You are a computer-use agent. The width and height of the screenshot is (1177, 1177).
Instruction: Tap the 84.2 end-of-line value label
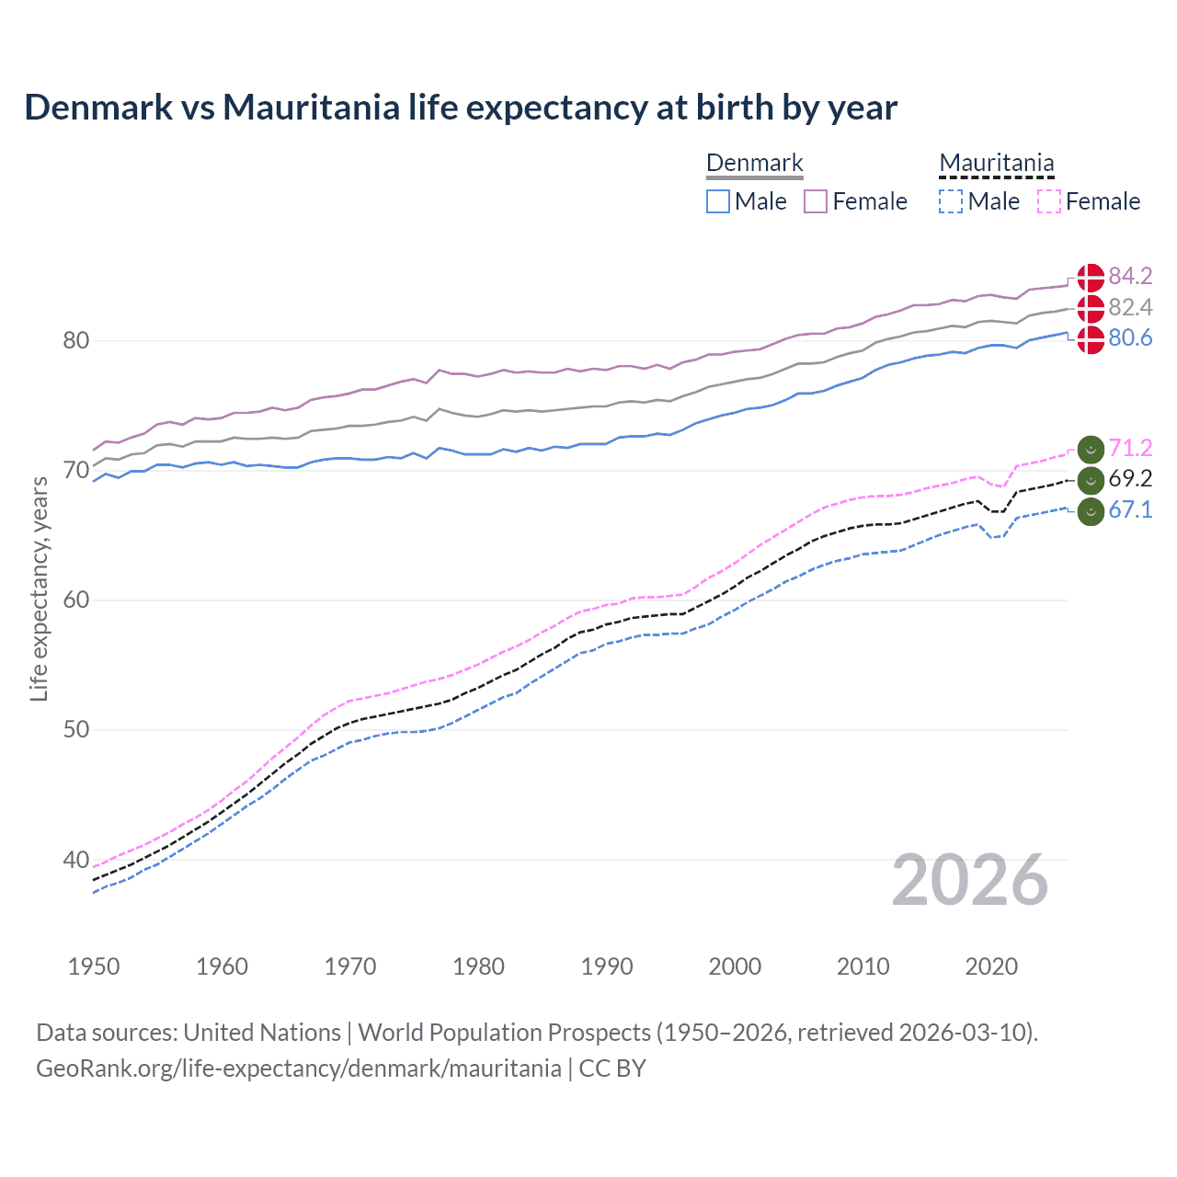click(x=1130, y=276)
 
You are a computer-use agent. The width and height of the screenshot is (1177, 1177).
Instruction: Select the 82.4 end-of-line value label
click(x=1130, y=307)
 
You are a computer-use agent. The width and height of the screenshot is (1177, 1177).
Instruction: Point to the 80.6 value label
click(x=1130, y=338)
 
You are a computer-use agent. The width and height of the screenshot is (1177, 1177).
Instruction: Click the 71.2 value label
click(x=1130, y=448)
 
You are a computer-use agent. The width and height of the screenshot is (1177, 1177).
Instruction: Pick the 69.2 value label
click(x=1130, y=479)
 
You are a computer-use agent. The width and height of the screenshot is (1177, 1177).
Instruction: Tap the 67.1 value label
click(x=1130, y=510)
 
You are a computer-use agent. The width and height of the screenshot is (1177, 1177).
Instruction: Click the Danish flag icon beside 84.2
click(x=1091, y=277)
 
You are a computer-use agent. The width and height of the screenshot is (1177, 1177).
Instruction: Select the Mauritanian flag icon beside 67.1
click(x=1091, y=510)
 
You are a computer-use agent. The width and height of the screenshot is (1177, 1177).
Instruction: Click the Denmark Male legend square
click(x=718, y=201)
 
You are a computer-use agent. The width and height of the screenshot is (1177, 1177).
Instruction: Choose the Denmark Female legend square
click(x=816, y=201)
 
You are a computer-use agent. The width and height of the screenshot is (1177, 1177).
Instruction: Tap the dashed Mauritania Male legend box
click(x=951, y=201)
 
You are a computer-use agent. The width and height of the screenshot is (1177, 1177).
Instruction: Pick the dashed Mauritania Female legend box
click(x=1049, y=201)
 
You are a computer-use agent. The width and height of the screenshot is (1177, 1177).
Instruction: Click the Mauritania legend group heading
click(x=997, y=164)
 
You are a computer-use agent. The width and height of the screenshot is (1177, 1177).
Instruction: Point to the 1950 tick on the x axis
click(x=94, y=966)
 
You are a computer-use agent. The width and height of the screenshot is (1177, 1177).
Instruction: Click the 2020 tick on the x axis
click(x=991, y=966)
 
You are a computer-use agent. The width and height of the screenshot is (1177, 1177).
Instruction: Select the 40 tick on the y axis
click(x=76, y=861)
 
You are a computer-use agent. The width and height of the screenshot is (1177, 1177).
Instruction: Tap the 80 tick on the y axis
click(x=76, y=341)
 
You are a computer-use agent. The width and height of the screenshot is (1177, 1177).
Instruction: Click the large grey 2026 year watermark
click(x=970, y=881)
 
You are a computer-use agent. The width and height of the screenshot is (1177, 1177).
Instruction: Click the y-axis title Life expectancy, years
click(x=40, y=588)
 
